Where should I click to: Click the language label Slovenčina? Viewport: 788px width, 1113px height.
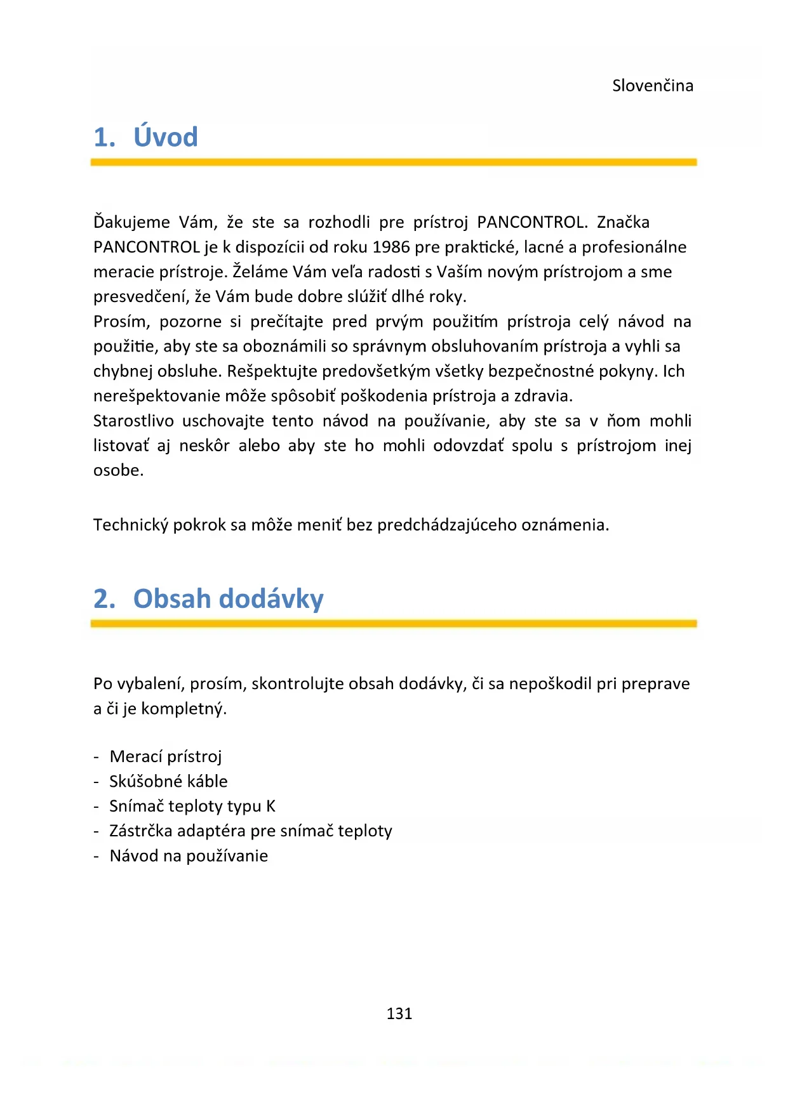(652, 86)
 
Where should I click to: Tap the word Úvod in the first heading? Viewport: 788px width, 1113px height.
(165, 137)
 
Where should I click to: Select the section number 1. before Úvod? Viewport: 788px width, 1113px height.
(104, 138)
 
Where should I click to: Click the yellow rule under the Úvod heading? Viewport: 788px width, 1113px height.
(394, 162)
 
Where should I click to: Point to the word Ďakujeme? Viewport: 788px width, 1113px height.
(131, 223)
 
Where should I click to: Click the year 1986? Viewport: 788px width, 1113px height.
(391, 247)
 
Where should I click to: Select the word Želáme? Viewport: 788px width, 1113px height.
(260, 272)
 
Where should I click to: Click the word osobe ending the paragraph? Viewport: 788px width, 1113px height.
(117, 470)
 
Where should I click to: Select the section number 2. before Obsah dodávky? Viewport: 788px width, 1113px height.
(104, 599)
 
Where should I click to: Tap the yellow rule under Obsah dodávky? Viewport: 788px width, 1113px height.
(394, 624)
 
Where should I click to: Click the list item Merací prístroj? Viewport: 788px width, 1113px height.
(165, 756)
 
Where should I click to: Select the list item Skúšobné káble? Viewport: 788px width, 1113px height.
(168, 781)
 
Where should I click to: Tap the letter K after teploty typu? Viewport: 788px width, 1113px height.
(270, 806)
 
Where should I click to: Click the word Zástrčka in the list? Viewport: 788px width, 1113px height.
(140, 831)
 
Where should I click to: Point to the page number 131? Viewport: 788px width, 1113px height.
(399, 1013)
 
